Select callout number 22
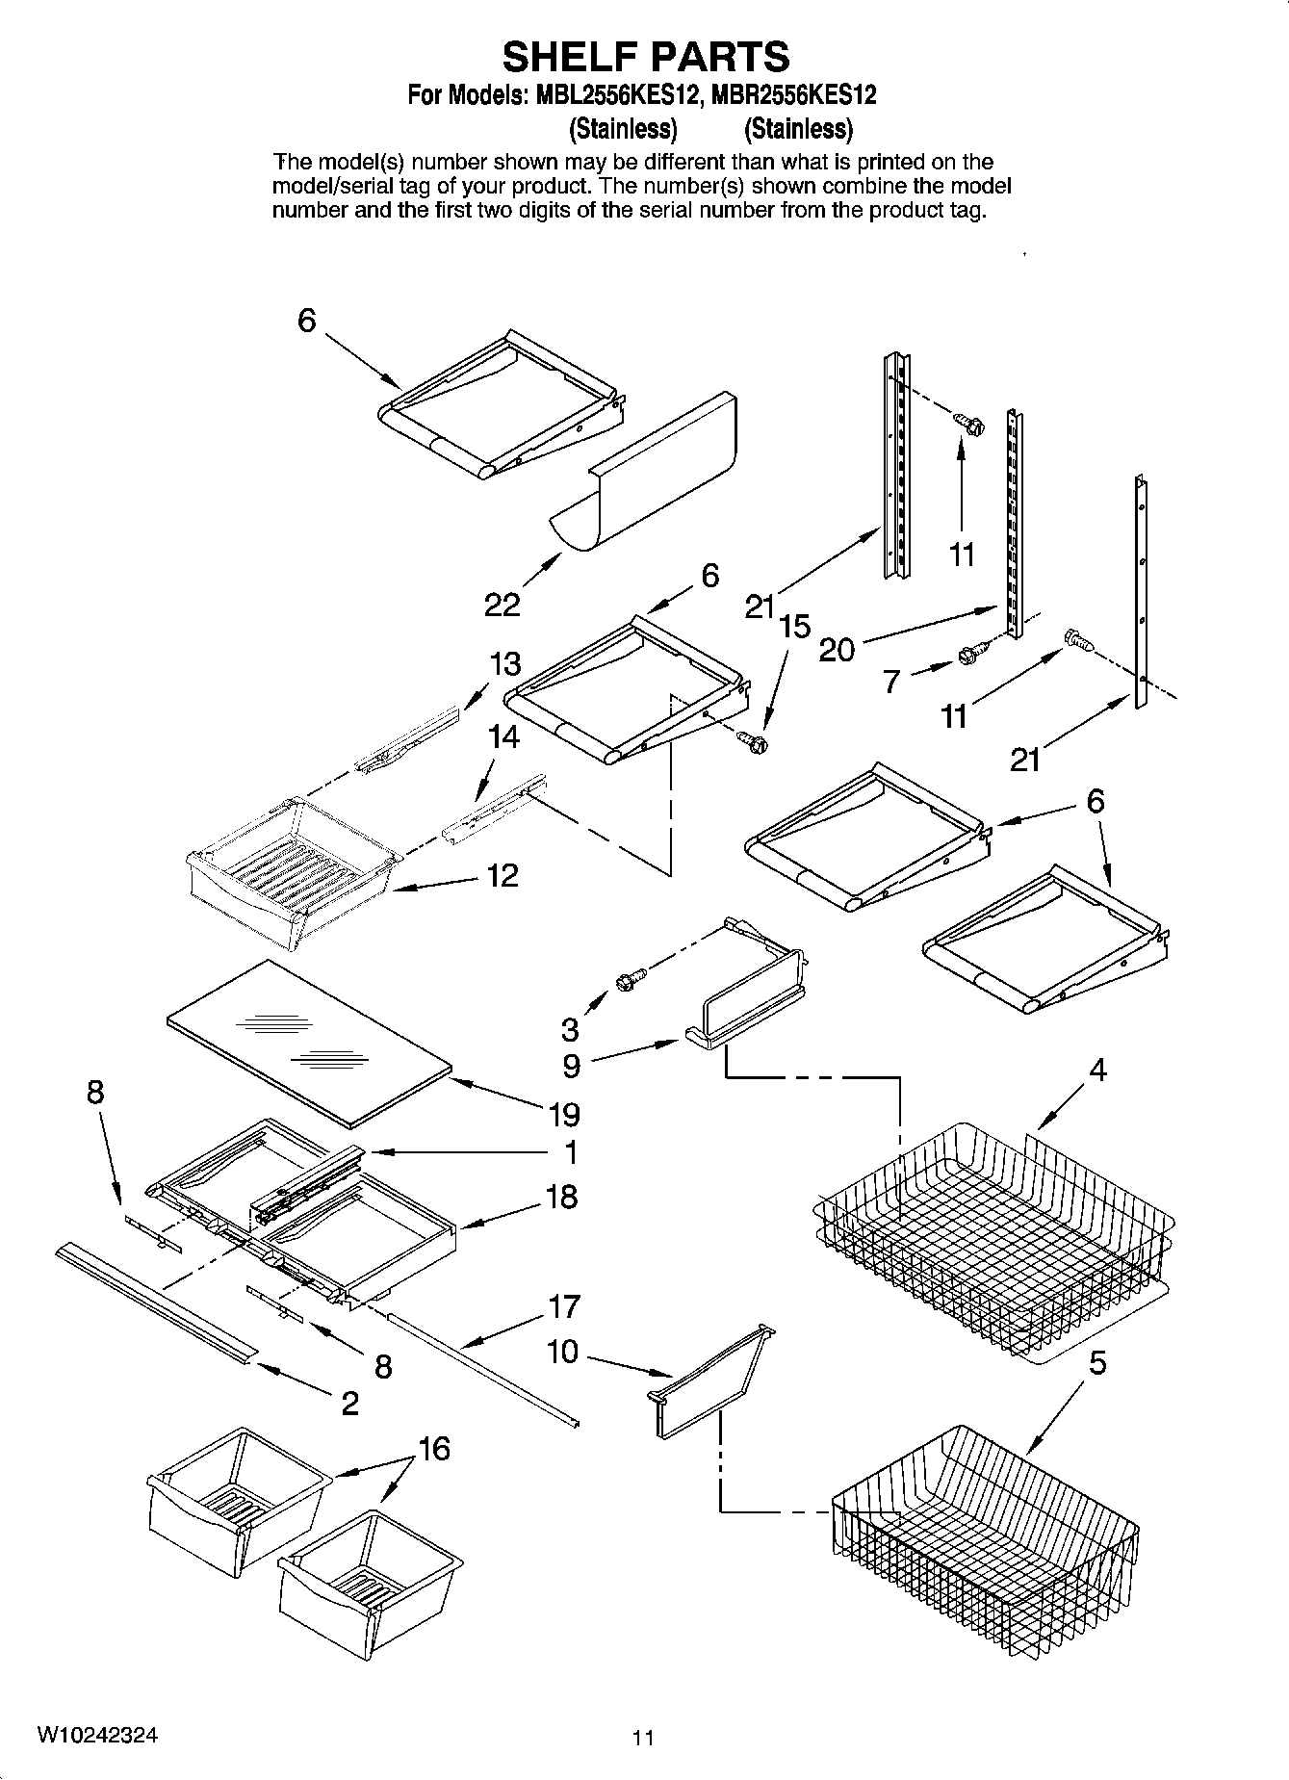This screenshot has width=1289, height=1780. (x=502, y=605)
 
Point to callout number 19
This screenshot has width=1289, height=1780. (x=564, y=1115)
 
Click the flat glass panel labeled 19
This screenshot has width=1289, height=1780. (x=308, y=1042)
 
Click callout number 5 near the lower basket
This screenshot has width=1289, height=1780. (x=1097, y=1363)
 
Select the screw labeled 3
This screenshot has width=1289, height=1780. (x=625, y=981)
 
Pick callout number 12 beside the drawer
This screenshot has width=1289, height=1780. (x=502, y=875)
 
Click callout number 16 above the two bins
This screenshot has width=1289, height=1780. (x=434, y=1448)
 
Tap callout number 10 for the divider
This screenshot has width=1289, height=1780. (x=562, y=1352)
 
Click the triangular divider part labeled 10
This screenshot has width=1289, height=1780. (x=710, y=1384)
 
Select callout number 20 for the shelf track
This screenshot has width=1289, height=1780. (x=836, y=650)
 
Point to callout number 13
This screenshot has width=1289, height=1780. (x=504, y=664)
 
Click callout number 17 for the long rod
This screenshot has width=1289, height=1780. (x=564, y=1306)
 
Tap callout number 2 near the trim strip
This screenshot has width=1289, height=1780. (x=349, y=1403)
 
